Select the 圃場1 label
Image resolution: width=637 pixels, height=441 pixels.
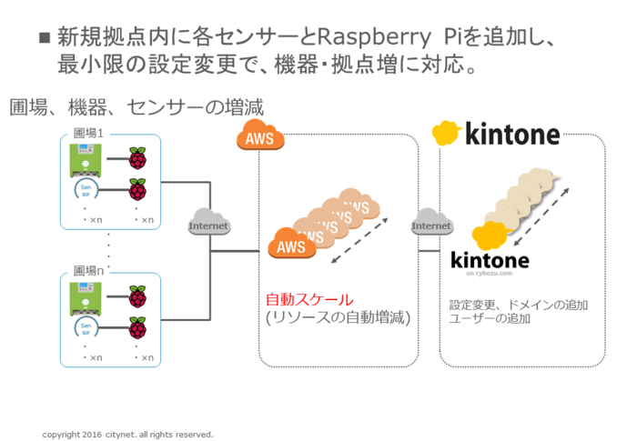[x=89, y=135]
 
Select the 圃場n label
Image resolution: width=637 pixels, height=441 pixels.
[x=89, y=271]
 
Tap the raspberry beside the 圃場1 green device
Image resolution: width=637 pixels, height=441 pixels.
[x=137, y=160]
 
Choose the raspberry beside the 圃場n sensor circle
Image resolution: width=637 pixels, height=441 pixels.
[x=137, y=326]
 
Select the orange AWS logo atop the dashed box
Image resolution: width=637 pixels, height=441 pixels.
[x=259, y=138]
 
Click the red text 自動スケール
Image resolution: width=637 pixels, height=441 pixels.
[x=308, y=299]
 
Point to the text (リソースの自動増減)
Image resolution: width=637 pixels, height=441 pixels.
[x=338, y=318]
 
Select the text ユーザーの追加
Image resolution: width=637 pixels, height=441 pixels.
[x=490, y=319]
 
